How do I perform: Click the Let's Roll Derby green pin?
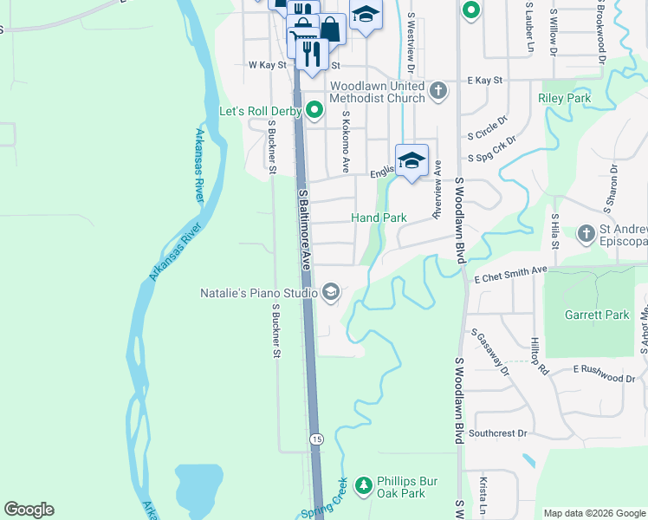tap(314, 110)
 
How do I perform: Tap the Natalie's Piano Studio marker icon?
tap(330, 293)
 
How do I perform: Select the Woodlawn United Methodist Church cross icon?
tap(438, 90)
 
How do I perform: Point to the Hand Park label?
tap(378, 218)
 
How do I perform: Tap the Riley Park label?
tap(564, 99)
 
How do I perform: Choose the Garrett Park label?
tap(596, 315)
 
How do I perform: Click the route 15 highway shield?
tap(317, 439)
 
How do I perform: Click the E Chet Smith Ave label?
tap(510, 274)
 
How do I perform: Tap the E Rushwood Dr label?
tap(604, 373)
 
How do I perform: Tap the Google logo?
tap(29, 510)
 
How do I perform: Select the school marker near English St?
tap(411, 160)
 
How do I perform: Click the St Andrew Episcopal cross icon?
tap(586, 233)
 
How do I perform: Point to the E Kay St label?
tap(484, 80)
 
